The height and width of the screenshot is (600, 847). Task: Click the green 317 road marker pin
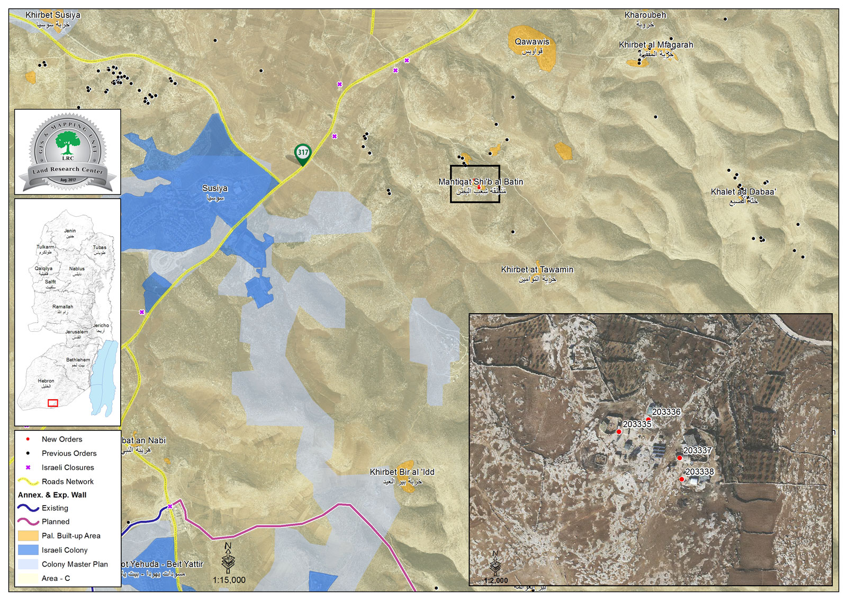pos(303,153)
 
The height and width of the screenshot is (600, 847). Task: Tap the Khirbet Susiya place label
pos(53,15)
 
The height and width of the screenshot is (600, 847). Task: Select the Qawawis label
pos(532,42)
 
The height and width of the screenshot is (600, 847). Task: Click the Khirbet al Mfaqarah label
pos(656,45)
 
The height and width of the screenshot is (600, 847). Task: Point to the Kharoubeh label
pos(645,15)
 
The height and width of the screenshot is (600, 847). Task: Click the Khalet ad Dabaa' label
pos(743,192)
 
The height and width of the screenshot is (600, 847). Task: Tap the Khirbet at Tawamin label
pos(537,269)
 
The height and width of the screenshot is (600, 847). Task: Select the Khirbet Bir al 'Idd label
pos(402,472)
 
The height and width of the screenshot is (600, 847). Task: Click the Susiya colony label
pos(215,188)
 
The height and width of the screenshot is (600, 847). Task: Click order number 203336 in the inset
pos(666,412)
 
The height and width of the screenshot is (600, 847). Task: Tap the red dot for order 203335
pos(619,432)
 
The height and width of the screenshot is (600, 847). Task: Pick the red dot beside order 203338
pos(681,479)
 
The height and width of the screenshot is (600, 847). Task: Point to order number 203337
pos(697,451)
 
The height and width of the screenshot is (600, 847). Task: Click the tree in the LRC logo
pos(68,144)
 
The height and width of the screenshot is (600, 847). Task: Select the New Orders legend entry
pos(62,439)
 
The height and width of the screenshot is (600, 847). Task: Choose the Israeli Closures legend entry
pos(68,467)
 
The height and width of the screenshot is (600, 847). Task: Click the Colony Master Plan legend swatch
pos(28,564)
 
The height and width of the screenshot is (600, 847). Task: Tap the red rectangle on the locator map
pos(52,403)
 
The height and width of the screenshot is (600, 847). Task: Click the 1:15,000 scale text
pos(229,580)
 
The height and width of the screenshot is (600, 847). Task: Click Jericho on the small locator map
pos(101,325)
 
